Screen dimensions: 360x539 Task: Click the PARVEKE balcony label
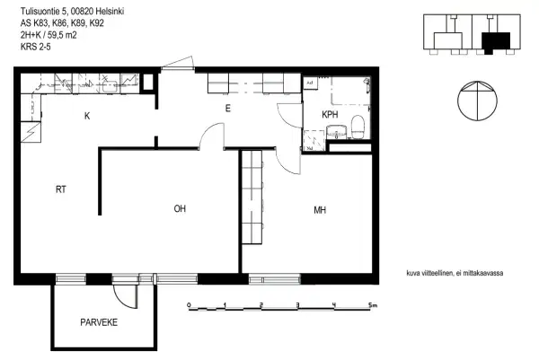point(99,321)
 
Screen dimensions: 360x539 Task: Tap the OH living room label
point(180,209)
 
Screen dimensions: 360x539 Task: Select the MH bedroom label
point(319,211)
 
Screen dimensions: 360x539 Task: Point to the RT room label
point(61,189)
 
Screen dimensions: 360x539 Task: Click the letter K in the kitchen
point(87,116)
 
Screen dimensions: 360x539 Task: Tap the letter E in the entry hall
point(228,108)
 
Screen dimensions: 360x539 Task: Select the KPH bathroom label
point(331,116)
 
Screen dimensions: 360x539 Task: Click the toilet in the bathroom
point(358,127)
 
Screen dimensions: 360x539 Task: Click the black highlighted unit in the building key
point(495,41)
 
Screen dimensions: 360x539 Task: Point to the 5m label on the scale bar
point(372,305)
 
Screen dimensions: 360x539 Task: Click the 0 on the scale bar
point(189,305)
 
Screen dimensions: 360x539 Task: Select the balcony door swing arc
point(124,295)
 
